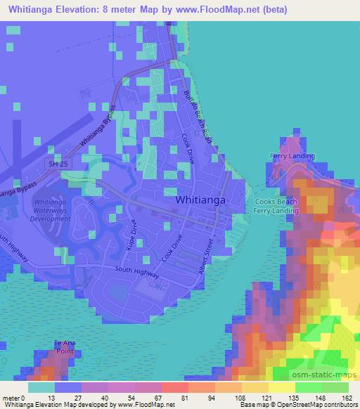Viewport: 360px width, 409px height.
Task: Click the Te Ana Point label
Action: [x=64, y=346]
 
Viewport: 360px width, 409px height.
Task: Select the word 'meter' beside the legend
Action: [x=12, y=397]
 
